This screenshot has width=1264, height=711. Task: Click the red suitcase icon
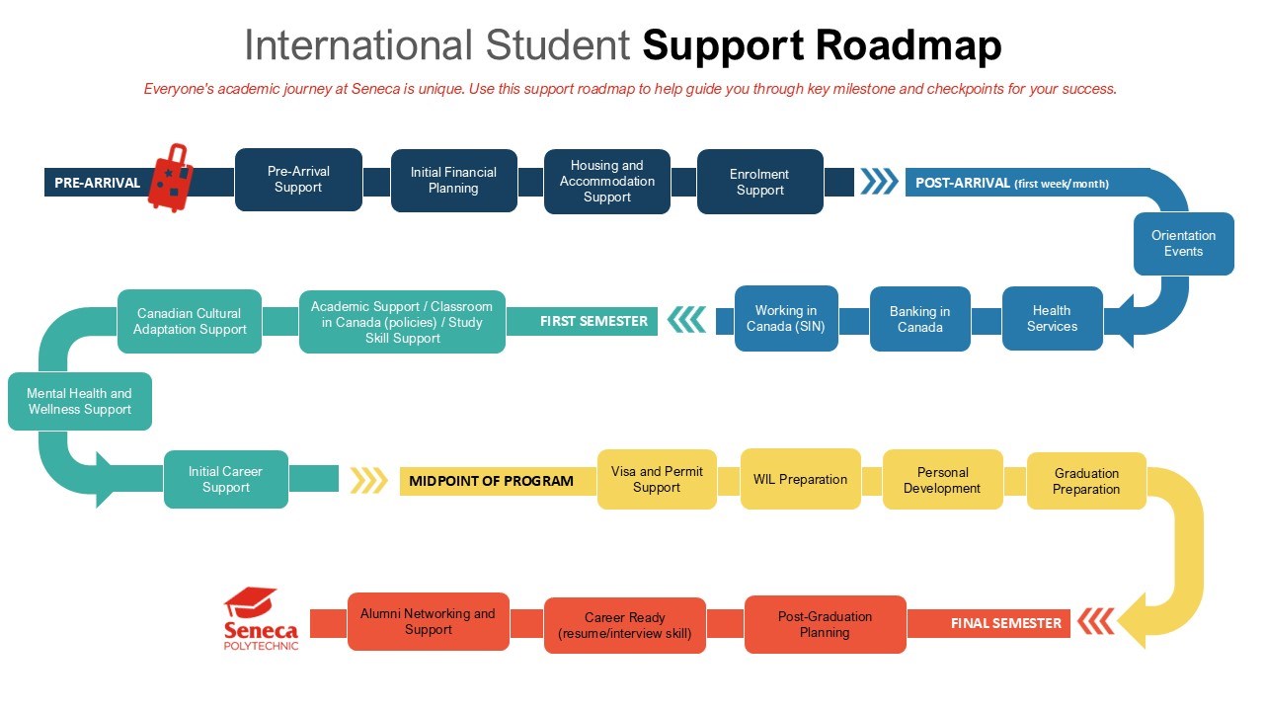170,178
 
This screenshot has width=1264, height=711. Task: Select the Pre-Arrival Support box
298,180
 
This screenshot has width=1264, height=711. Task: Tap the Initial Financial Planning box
453,181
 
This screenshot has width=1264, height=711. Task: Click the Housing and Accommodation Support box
606,182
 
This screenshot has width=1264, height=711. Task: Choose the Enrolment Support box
759,182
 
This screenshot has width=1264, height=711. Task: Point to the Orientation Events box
1183,244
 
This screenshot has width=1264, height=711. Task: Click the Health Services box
1052,318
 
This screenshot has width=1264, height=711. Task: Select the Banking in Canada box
919,319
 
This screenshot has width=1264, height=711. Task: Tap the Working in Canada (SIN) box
786,318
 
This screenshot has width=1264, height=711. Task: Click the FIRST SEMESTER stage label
593,321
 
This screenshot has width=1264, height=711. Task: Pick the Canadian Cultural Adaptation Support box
190,321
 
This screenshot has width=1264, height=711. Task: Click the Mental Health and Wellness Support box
80,401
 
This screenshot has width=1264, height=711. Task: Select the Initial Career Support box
225,479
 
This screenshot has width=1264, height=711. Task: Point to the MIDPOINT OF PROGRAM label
491,481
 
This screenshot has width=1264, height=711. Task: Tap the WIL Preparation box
800,479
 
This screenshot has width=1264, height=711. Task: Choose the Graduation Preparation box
1086,481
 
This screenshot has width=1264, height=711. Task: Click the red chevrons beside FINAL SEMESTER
1095,622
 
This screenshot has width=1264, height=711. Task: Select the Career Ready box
624,625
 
